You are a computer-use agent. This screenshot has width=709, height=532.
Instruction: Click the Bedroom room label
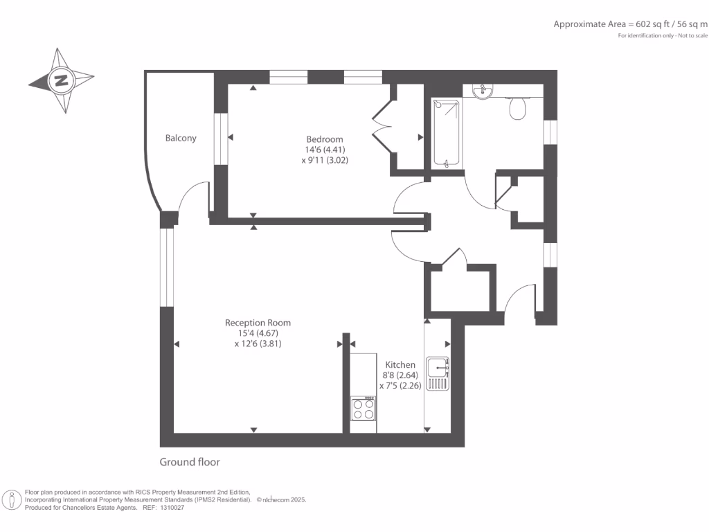[x=325, y=139]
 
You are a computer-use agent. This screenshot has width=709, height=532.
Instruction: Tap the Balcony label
[x=181, y=138]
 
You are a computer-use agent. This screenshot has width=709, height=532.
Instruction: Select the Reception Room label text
[x=258, y=323]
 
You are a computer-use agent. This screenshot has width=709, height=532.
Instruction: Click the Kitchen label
[x=400, y=364]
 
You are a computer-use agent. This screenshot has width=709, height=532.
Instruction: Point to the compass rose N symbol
[x=61, y=80]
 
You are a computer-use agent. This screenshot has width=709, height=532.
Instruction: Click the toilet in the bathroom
[x=517, y=108]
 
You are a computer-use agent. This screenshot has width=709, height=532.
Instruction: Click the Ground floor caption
[x=190, y=462]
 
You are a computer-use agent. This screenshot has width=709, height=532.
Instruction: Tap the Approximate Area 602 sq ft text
[x=630, y=24]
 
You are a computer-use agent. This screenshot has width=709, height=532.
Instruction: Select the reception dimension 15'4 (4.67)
[x=258, y=333]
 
